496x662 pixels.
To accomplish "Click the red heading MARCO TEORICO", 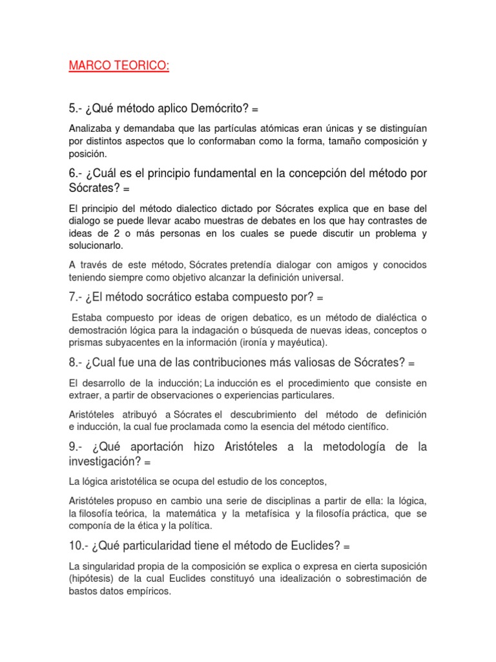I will point(118,67).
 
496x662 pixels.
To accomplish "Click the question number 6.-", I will point(77,174).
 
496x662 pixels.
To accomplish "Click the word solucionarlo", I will point(96,246).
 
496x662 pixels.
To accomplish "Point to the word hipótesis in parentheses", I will point(95,579).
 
